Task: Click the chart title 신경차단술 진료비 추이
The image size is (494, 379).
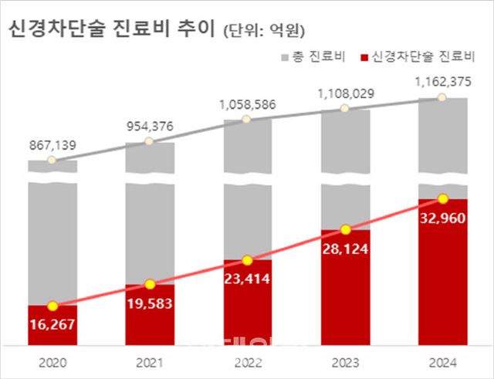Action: pos(110,29)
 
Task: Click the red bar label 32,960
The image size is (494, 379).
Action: pos(442,217)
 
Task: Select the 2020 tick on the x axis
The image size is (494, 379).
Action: pos(52,361)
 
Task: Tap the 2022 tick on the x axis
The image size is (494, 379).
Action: pos(248,361)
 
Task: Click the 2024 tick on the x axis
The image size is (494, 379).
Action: pos(442,361)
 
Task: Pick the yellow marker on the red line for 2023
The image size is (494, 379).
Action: pos(345,229)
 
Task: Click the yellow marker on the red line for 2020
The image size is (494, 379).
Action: pos(52,306)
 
